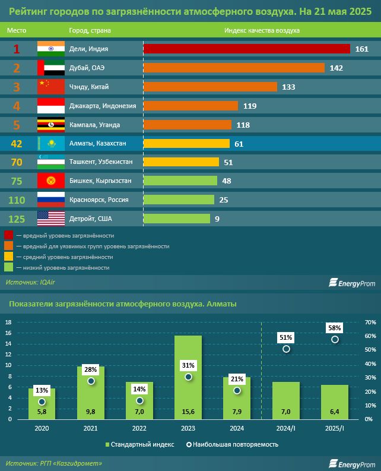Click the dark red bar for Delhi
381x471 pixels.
click(x=246, y=49)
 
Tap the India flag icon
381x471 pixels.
click(x=50, y=49)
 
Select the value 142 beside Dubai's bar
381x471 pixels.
click(x=336, y=68)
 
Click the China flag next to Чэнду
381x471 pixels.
click(x=50, y=87)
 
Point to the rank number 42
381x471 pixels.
click(x=17, y=143)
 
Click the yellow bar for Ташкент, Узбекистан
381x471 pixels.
click(x=181, y=162)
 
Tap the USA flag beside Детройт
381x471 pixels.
click(x=50, y=219)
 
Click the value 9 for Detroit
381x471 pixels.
click(x=217, y=219)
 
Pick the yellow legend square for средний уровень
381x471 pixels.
click(x=9, y=257)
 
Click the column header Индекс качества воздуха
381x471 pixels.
click(x=262, y=30)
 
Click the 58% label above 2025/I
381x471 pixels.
click(x=335, y=327)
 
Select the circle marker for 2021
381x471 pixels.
click(x=91, y=381)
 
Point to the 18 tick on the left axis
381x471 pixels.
click(x=8, y=322)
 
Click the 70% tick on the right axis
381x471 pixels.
click(x=370, y=322)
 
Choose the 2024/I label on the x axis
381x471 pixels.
click(x=285, y=427)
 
